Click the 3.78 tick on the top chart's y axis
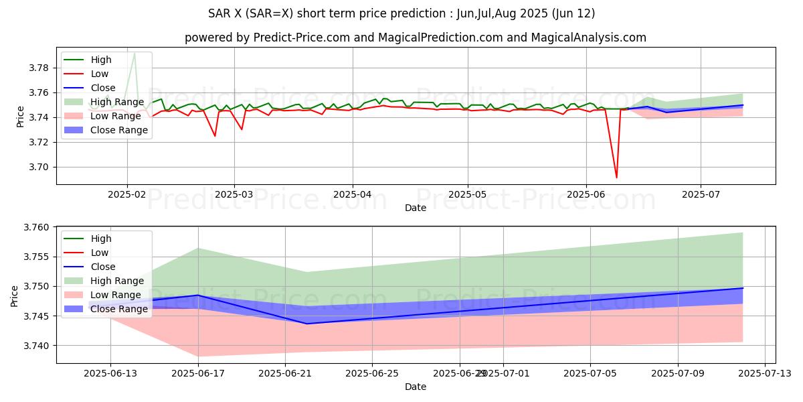(x=39, y=68)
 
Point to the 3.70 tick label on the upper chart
(x=39, y=167)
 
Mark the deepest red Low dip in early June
(x=616, y=178)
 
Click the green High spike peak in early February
(x=135, y=53)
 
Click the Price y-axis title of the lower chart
(x=15, y=295)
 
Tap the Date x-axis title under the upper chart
(x=415, y=208)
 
